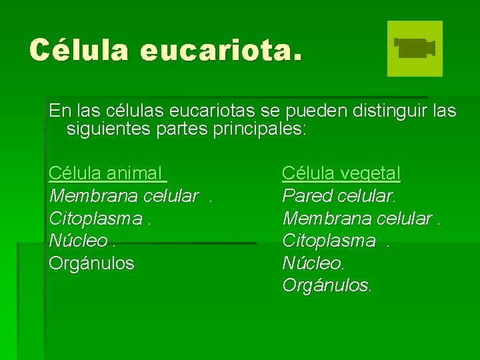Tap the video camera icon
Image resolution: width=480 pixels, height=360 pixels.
[415, 49]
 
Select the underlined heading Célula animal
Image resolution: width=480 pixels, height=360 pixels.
[106, 174]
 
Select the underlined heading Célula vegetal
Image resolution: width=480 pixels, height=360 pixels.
[341, 174]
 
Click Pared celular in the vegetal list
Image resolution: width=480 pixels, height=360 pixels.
[339, 197]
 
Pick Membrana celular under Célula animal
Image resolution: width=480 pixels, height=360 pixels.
[124, 197]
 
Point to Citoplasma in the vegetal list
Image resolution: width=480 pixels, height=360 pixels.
[329, 241]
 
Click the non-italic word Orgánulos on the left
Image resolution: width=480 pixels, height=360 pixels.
[91, 263]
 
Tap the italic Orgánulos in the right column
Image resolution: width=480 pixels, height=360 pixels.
[327, 285]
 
